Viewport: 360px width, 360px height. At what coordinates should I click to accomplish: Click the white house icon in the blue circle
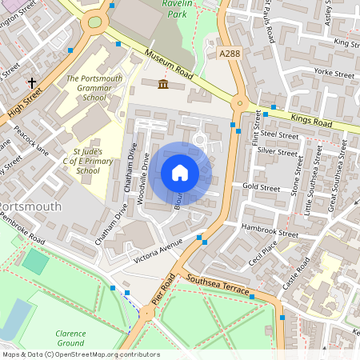click(x=180, y=173)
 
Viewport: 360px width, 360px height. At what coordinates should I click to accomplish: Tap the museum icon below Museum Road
click(x=163, y=84)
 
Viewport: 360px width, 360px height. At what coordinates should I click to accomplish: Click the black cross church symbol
click(x=32, y=82)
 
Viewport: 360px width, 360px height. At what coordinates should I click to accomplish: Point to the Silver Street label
click(x=277, y=150)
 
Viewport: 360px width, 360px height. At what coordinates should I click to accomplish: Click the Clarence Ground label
click(x=71, y=338)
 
